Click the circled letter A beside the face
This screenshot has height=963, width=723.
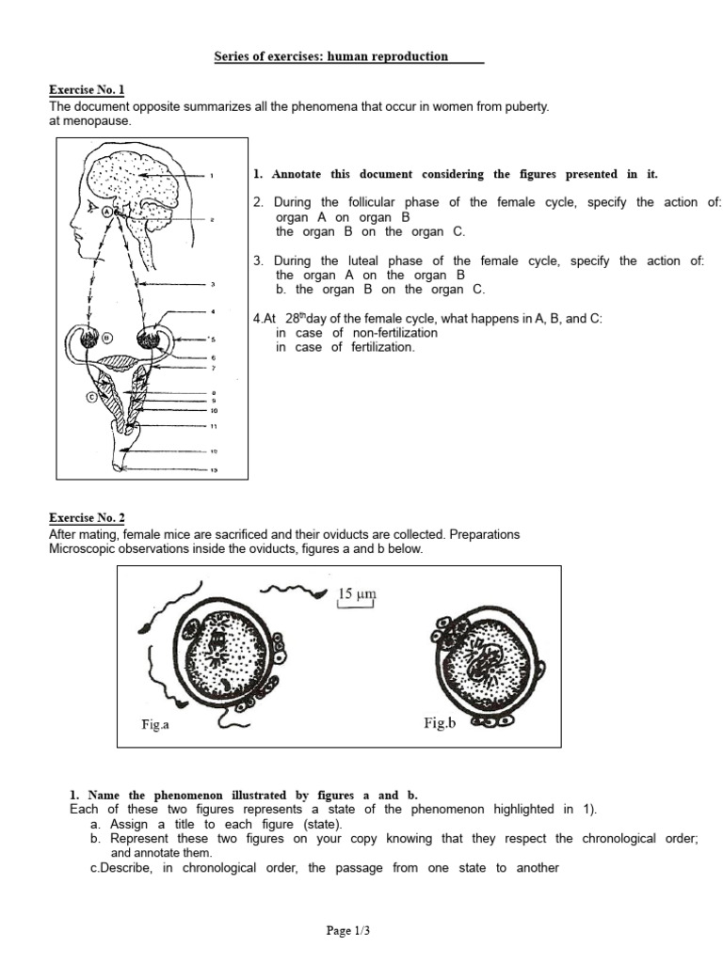108,213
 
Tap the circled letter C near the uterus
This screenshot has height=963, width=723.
91,396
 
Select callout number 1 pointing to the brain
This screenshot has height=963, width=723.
212,175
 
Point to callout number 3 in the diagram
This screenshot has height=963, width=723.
213,284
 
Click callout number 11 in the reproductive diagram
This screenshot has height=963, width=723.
214,426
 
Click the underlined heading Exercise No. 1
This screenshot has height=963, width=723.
87,90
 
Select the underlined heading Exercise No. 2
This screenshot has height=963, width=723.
87,518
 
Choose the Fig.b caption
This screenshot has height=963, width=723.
440,724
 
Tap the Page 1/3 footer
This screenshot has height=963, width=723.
349,930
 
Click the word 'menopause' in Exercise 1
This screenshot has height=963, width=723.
97,121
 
